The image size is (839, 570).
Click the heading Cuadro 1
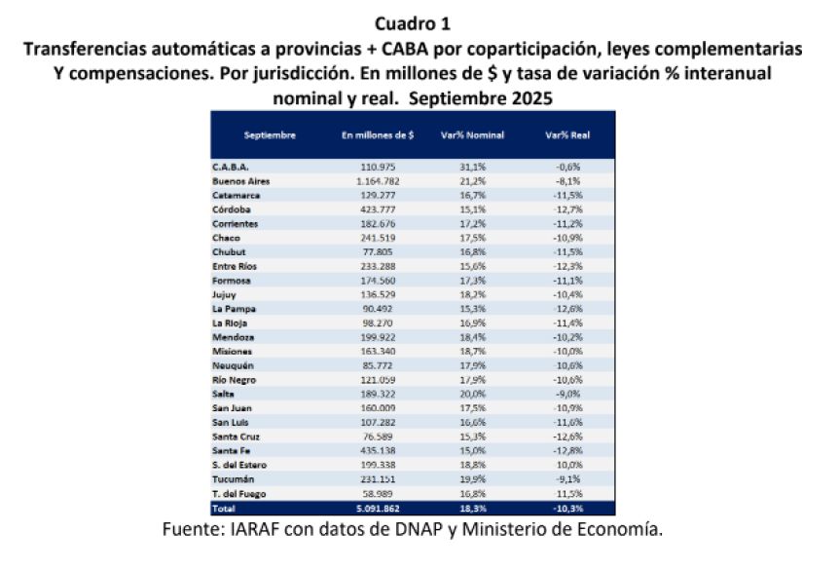(x=419, y=20)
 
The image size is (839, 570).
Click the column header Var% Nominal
(x=481, y=134)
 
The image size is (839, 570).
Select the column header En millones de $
(x=379, y=134)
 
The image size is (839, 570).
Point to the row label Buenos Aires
(x=240, y=181)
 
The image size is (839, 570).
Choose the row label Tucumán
(x=234, y=479)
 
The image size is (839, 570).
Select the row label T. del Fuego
(x=239, y=494)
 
